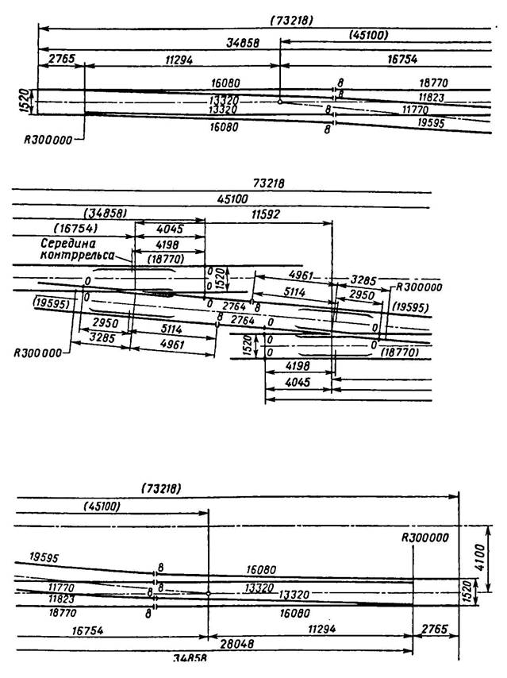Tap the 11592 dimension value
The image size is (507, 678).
[268, 214]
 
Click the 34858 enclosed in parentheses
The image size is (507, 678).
[107, 214]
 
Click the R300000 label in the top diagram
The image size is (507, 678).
[49, 139]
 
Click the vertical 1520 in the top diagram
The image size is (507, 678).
[25, 101]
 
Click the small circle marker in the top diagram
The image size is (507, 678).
[281, 102]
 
